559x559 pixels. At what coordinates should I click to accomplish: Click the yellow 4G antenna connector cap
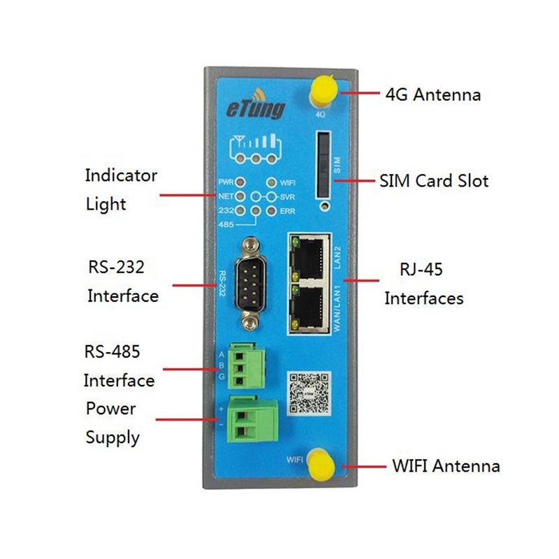[x=322, y=89]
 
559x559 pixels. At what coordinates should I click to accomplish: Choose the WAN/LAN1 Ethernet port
[x=312, y=305]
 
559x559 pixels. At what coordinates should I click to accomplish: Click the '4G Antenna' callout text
[x=433, y=94]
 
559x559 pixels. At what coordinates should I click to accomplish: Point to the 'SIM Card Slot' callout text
[x=433, y=181]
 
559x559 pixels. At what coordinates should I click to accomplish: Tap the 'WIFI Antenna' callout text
[x=446, y=465]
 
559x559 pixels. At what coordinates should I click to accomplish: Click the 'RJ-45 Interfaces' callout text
[x=423, y=284]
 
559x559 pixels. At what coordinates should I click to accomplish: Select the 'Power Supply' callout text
[x=112, y=423]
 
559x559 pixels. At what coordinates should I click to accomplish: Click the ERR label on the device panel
[x=287, y=210]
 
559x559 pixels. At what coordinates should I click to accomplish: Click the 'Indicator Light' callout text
[x=120, y=189]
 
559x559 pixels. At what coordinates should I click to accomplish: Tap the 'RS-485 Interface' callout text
[x=119, y=366]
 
